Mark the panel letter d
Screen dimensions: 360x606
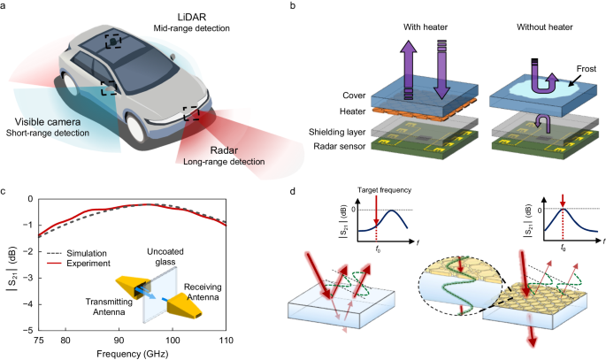(306, 189)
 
